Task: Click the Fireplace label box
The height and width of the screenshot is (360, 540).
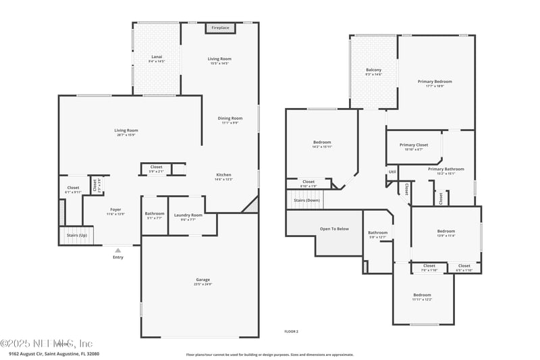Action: coord(220,28)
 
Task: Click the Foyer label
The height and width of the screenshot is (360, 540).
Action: coord(116,209)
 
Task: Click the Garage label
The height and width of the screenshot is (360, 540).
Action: coord(203,279)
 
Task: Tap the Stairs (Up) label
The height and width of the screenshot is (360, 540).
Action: coord(76,235)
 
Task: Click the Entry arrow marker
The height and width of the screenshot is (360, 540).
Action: coord(118,251)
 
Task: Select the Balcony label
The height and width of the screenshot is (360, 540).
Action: coord(373,70)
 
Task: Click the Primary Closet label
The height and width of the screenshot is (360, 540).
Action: coord(414,145)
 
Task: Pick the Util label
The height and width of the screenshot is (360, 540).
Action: coord(392,172)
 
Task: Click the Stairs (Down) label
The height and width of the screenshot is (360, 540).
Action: coord(307,200)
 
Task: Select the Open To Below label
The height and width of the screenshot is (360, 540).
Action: coord(334,229)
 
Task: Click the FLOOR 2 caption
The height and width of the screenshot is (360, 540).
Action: coord(291,332)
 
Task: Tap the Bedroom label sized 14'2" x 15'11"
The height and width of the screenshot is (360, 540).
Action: coord(322,142)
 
